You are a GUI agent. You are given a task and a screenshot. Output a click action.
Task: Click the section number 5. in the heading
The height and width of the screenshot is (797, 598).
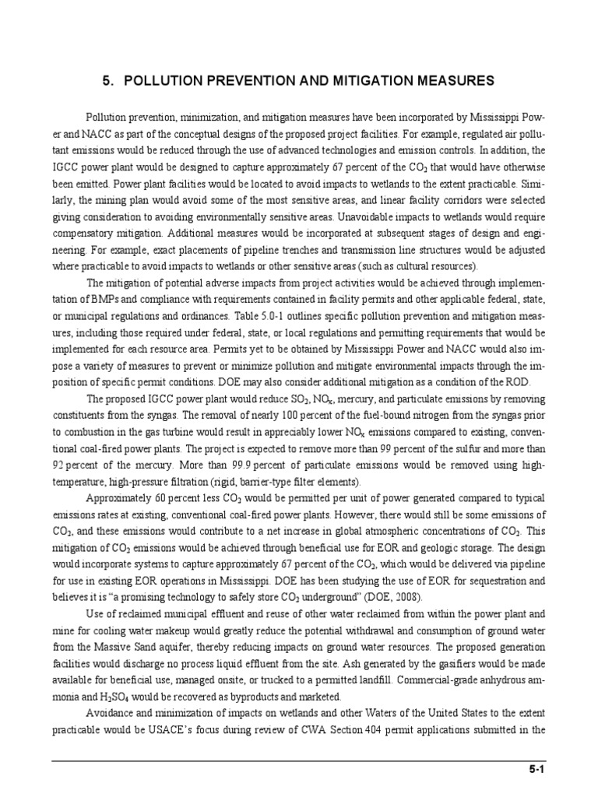pyautogui.click(x=109, y=80)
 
